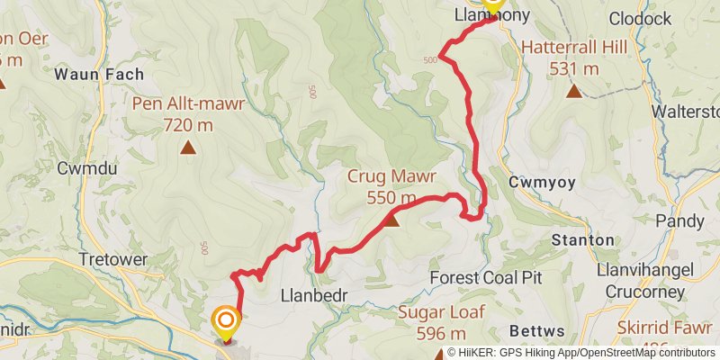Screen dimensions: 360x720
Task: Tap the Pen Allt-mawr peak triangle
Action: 188,148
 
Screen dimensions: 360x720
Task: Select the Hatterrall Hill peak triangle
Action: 573,90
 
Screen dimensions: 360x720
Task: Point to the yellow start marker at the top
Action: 492,4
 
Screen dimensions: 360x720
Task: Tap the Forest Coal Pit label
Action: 485,277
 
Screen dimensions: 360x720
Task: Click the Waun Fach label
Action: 88,74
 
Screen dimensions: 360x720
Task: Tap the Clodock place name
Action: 641,18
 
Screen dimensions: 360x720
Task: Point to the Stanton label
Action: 581,240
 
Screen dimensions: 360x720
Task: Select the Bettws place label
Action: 534,329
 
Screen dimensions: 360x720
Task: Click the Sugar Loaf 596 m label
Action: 441,322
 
